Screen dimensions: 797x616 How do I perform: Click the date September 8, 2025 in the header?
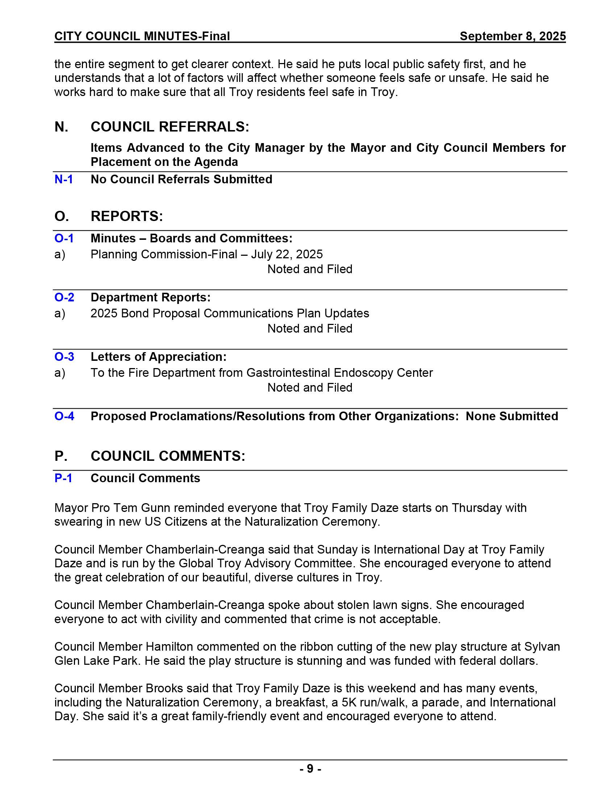(512, 36)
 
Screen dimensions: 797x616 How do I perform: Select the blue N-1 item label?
(63, 179)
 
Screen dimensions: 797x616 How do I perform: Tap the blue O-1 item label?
(64, 238)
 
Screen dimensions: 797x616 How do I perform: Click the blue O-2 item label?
(64, 297)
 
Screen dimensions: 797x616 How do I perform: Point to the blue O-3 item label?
(64, 356)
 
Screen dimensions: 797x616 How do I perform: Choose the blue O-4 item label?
(64, 416)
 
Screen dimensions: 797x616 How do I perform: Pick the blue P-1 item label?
(63, 478)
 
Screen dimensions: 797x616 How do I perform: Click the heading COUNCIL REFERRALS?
(170, 127)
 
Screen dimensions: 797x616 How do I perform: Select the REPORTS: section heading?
(126, 216)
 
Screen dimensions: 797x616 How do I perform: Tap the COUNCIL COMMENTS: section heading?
(168, 456)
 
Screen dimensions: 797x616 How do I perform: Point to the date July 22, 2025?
(287, 254)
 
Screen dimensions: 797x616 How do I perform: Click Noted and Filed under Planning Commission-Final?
(310, 269)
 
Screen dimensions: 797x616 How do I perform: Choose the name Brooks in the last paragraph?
(164, 688)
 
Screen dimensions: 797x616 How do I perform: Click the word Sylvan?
(542, 647)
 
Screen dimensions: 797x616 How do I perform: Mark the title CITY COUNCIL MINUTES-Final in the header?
(142, 36)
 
